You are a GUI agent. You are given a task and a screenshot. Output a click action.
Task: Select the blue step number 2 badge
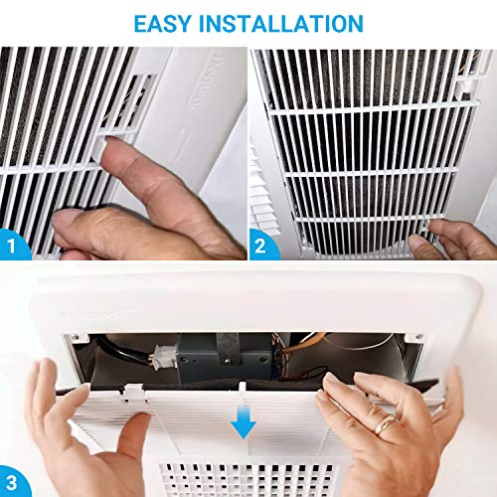pyautogui.click(x=262, y=244)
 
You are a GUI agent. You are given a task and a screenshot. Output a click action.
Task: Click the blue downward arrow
pyautogui.click(x=241, y=426)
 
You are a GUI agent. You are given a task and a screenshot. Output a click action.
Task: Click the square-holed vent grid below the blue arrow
pyautogui.click(x=248, y=477)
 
